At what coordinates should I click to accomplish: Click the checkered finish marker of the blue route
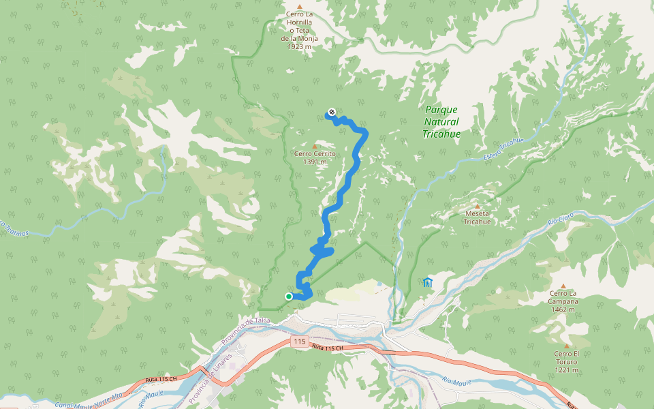pos(332,112)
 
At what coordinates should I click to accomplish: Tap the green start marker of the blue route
pos(289,296)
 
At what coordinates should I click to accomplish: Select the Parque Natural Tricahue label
pos(441,121)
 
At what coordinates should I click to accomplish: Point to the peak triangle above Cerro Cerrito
pos(314,146)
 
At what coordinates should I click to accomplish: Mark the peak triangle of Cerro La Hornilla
pos(298,7)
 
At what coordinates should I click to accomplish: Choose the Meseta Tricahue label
pos(477,217)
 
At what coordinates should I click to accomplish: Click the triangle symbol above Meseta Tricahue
pos(477,206)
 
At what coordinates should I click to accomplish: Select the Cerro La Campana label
pos(563,301)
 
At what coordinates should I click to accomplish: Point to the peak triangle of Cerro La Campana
pos(563,286)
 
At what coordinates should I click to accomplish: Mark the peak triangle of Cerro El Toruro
pos(565,346)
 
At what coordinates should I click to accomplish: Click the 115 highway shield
pos(298,341)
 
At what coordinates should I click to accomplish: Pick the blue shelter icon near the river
pos(427,282)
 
